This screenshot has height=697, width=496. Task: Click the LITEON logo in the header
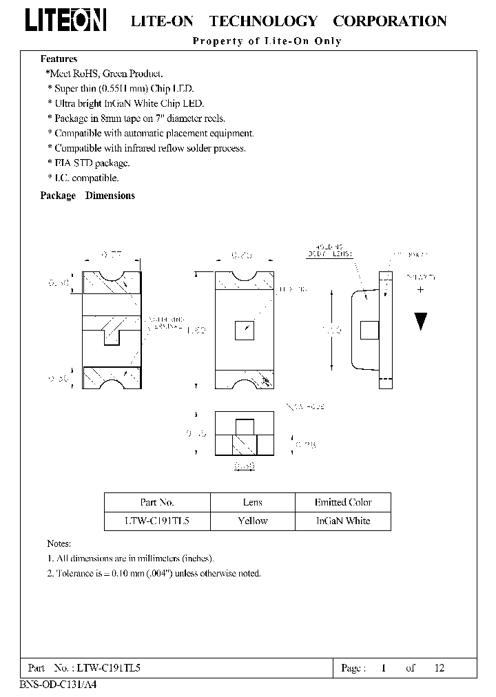click(x=66, y=21)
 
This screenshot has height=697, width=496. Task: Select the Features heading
click(x=59, y=59)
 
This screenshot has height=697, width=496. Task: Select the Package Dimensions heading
click(x=87, y=196)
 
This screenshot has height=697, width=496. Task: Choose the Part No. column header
click(x=157, y=503)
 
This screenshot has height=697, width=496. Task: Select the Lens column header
click(x=252, y=503)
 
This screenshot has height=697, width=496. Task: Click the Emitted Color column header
click(x=343, y=503)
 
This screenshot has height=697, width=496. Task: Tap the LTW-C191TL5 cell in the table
click(x=157, y=521)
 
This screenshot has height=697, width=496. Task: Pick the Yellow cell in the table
click(x=252, y=521)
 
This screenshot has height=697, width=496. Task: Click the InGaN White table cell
click(x=343, y=521)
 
